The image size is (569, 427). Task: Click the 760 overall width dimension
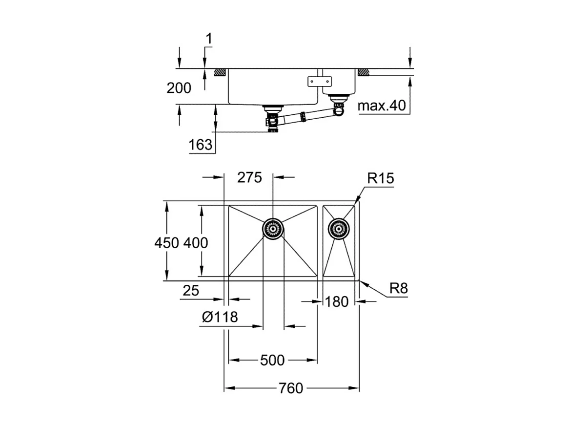291,388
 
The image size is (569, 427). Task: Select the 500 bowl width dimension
272,361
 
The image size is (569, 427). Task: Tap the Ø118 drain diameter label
220,317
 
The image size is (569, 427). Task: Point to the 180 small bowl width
337,302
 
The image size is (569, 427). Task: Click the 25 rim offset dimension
191,291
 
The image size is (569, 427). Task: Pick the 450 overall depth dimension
167,242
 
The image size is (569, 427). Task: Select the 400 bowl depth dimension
196,242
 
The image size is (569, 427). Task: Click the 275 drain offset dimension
249,177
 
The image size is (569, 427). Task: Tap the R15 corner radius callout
380,179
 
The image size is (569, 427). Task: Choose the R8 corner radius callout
398,289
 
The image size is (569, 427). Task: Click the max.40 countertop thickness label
382,106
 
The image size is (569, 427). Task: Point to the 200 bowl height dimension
179,88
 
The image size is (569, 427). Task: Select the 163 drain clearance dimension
201,145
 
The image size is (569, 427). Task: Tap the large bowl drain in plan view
273,228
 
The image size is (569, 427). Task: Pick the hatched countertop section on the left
218,72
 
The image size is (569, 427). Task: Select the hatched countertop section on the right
363,72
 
